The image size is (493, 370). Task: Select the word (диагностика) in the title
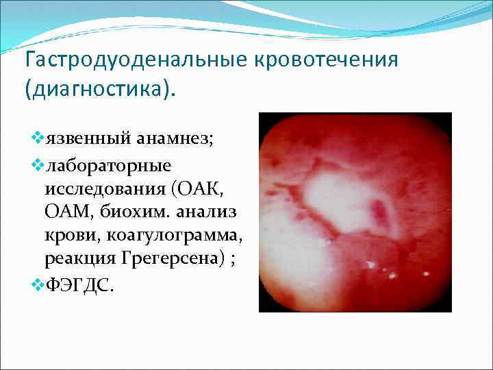pyautogui.click(x=99, y=90)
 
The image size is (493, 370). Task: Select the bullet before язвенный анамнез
pyautogui.click(x=37, y=140)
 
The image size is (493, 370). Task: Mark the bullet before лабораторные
pyautogui.click(x=37, y=165)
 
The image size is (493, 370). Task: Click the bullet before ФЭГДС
pyautogui.click(x=37, y=284)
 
